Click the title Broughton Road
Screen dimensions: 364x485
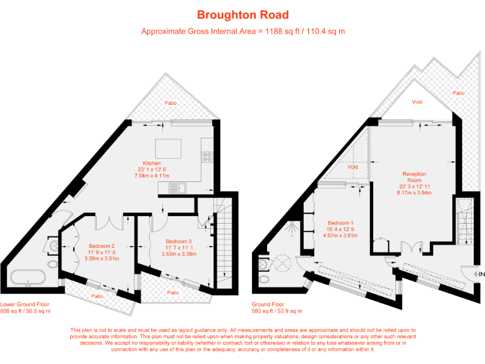click(243, 15)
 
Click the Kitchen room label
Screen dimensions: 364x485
click(152, 163)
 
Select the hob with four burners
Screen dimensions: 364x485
click(207, 157)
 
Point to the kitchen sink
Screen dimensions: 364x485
click(181, 187)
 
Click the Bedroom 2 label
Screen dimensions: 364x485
click(101, 246)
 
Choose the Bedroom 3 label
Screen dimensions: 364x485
click(179, 241)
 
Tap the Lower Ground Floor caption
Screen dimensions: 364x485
click(23, 305)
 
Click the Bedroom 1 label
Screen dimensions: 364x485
click(341, 223)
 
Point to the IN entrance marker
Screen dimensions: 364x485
click(479, 274)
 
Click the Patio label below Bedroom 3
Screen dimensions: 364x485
click(174, 292)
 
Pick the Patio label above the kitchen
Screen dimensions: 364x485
click(171, 102)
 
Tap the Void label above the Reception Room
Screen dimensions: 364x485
click(417, 101)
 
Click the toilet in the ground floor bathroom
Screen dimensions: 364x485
click(265, 278)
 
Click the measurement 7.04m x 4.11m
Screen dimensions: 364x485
click(152, 175)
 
